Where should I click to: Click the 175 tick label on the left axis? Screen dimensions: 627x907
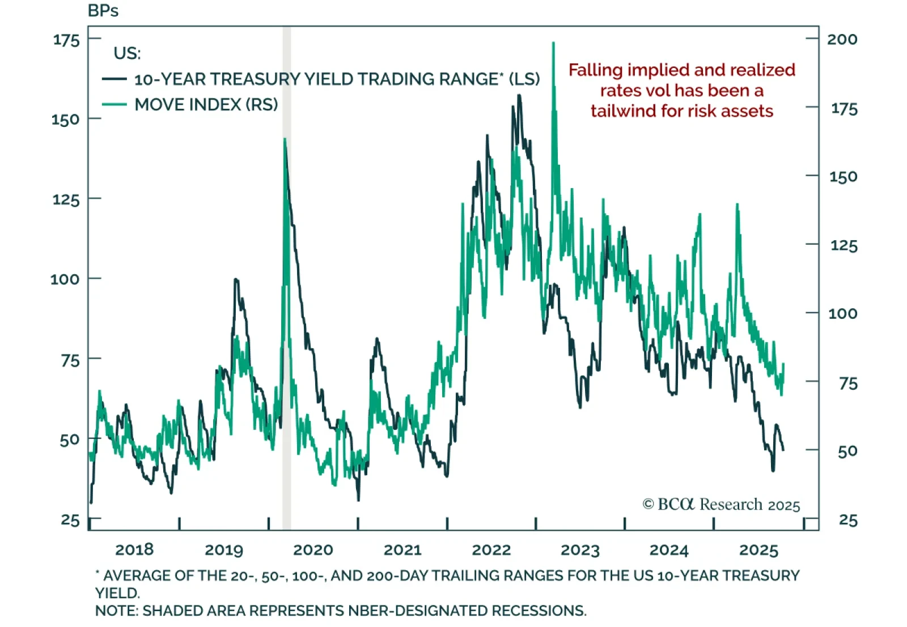pos(66,40)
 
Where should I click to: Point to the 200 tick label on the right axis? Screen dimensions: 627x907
pos(842,39)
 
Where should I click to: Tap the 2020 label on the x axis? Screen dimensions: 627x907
pos(313,549)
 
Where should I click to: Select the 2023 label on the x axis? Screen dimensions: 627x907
pos(580,549)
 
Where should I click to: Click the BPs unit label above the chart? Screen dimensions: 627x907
pos(103,11)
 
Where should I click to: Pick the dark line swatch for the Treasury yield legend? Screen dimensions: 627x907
pos(114,79)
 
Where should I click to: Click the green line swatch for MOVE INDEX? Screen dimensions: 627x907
pos(114,104)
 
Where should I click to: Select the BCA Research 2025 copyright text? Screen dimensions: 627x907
pos(721,504)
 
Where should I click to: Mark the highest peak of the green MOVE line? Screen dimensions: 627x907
pos(553,43)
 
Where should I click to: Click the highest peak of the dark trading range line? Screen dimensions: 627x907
pos(519,96)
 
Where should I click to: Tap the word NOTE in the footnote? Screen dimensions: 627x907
pos(116,611)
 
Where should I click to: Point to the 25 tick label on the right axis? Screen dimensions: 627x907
pos(848,520)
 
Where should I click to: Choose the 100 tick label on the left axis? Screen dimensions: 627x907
pos(65,279)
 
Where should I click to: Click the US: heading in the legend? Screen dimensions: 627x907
pos(127,53)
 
